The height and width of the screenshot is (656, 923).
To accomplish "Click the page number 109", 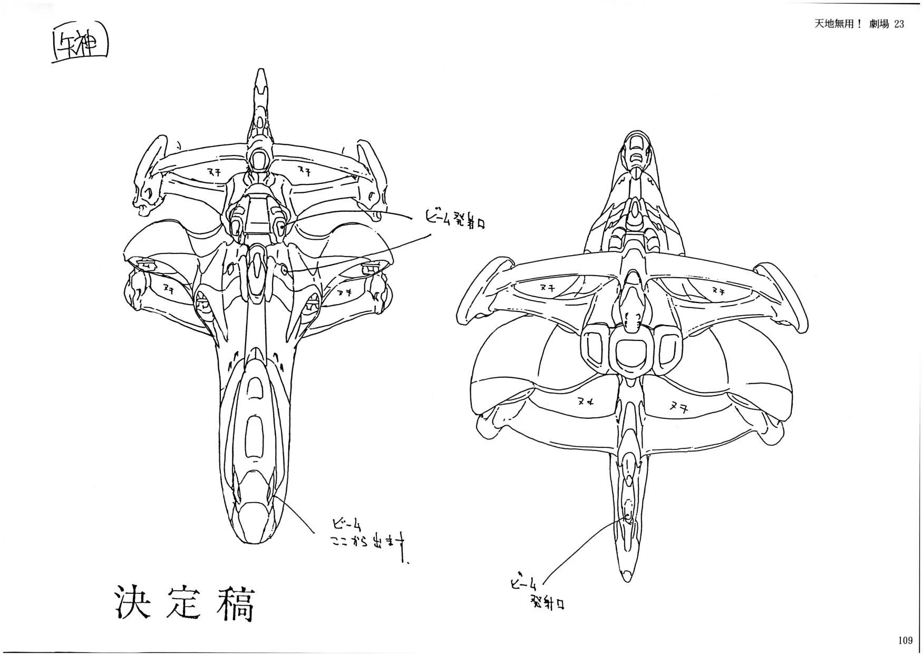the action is [905, 640].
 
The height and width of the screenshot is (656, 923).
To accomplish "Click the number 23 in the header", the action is [899, 24].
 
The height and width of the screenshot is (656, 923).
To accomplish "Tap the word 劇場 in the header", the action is [879, 24].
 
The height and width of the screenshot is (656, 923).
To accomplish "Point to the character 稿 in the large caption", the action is [236, 602].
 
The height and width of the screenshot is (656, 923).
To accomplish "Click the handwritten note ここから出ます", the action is [367, 543].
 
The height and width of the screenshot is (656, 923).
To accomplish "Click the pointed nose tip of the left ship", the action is [260, 74].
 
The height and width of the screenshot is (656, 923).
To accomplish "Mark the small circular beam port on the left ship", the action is [284, 270].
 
